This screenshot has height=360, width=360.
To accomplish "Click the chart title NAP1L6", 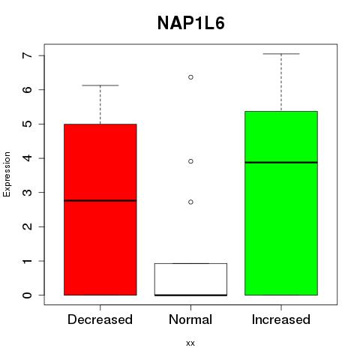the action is point(191,23).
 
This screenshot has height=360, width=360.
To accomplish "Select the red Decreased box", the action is point(100,209).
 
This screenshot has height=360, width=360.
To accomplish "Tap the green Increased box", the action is point(281,203).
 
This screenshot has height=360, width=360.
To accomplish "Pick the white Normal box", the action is point(190,279).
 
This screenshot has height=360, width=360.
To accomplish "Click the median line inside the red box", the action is point(100,200).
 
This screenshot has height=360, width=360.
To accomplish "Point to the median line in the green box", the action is point(281,163).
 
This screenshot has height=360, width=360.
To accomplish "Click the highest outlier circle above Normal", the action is point(190,77).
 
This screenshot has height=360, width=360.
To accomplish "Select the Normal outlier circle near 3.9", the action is point(190,161).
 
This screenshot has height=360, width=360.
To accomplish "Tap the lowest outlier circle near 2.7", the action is point(190,202).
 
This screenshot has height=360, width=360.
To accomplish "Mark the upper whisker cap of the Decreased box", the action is point(100,85).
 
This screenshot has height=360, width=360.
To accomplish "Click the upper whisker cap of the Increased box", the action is point(281,54).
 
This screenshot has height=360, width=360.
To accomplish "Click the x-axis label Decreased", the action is point(100,319).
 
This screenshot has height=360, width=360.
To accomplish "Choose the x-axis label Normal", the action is point(190,319).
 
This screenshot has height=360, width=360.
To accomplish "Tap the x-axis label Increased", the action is point(281,319).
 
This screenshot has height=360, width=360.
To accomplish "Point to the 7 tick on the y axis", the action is point(41,55).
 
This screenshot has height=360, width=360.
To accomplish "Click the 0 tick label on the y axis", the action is point(27,295).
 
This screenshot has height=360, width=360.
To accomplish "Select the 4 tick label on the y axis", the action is point(27,158).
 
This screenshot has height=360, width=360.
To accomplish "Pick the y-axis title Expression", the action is point(7,174).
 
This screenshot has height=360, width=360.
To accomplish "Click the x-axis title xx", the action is point(190,343).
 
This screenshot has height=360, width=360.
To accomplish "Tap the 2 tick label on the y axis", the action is point(27,226).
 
